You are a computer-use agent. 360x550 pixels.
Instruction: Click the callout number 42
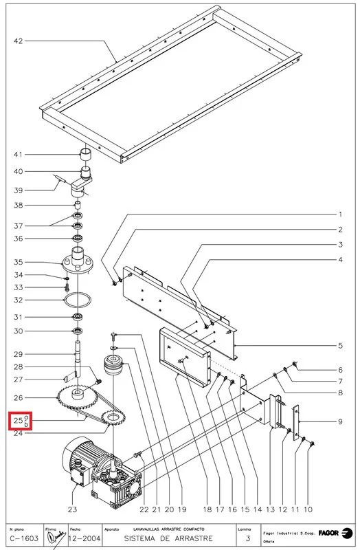click(19, 42)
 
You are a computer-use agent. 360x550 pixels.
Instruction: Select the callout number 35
click(19, 262)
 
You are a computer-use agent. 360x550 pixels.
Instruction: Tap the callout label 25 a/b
click(21, 421)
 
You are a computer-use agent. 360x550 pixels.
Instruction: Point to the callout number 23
click(73, 509)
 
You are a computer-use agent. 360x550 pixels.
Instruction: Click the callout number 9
click(340, 421)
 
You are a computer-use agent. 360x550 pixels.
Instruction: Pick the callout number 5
click(340, 346)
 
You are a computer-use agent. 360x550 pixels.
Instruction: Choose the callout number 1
click(340, 214)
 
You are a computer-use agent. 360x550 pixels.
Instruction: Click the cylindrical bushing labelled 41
click(86, 153)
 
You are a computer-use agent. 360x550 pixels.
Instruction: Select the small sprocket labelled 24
click(111, 416)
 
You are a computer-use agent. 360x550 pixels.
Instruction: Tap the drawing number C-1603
click(23, 538)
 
